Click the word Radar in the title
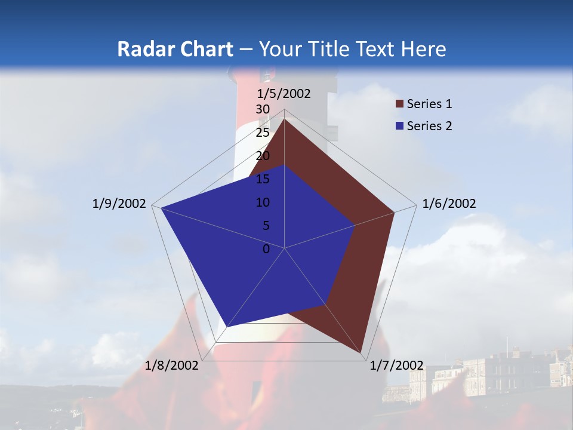coord(144,49)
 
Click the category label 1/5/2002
coord(284,93)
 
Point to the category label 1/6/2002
coord(449,204)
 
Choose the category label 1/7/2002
coord(396,365)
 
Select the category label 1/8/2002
coord(172,365)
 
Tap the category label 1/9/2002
coord(119,204)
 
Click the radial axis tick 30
coord(263,109)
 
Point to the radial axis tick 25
coord(263,133)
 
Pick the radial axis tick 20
coord(263,156)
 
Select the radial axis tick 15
coord(263,179)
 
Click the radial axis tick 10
coord(263,202)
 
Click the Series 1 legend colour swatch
coord(400,105)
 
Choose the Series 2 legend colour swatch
coord(400,126)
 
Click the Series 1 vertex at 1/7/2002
coord(362,352)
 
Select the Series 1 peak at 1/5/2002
coord(285,119)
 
